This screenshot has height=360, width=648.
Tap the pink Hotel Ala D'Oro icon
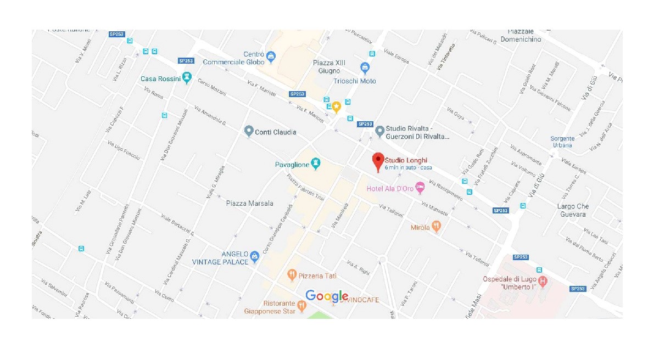click(x=420, y=188)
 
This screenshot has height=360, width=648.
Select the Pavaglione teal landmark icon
click(x=315, y=164)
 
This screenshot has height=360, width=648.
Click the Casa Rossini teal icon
click(x=187, y=78)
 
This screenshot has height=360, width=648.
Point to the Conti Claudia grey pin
click(x=249, y=131)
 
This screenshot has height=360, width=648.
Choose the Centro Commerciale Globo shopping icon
click(x=270, y=55)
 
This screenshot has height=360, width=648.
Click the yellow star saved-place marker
click(x=336, y=106)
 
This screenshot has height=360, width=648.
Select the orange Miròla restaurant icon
click(x=436, y=226)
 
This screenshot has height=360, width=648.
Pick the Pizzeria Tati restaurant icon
click(x=292, y=274)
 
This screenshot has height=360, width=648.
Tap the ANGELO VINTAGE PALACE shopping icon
click(x=254, y=256)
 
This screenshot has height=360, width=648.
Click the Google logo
click(x=327, y=296)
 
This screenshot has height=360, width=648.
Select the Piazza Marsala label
click(x=249, y=204)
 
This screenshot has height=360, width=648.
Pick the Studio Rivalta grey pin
click(x=379, y=131)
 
